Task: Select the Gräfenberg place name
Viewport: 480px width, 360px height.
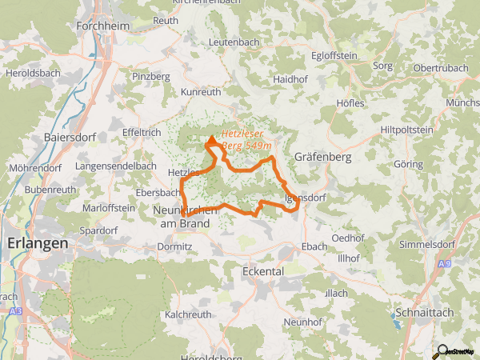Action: point(322,157)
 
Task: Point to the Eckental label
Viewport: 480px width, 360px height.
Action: point(262,271)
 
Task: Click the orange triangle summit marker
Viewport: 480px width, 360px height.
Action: point(211,142)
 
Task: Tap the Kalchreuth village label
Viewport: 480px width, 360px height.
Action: point(189,314)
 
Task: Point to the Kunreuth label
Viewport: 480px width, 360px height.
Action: point(201,93)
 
